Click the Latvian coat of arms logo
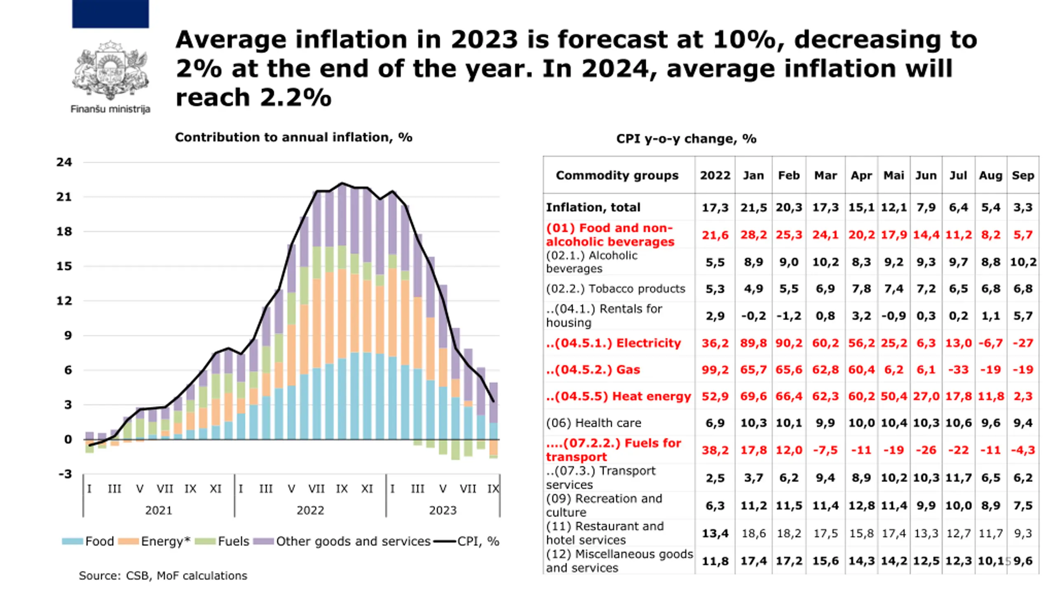(x=110, y=71)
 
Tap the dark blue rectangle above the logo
(x=110, y=14)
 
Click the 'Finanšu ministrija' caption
(x=110, y=109)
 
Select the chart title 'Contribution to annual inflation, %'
(x=293, y=137)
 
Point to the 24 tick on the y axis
(x=64, y=162)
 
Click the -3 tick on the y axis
(x=65, y=474)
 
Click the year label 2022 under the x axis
(x=310, y=511)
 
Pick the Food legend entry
(x=88, y=541)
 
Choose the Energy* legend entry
(x=155, y=541)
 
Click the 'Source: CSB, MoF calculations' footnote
(x=163, y=576)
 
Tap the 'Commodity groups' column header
(x=617, y=175)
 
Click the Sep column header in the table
(x=1023, y=175)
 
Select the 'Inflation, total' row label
(x=593, y=207)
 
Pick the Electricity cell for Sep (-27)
(x=1023, y=343)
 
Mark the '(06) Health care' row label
(x=593, y=423)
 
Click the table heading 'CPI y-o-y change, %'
(x=686, y=139)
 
